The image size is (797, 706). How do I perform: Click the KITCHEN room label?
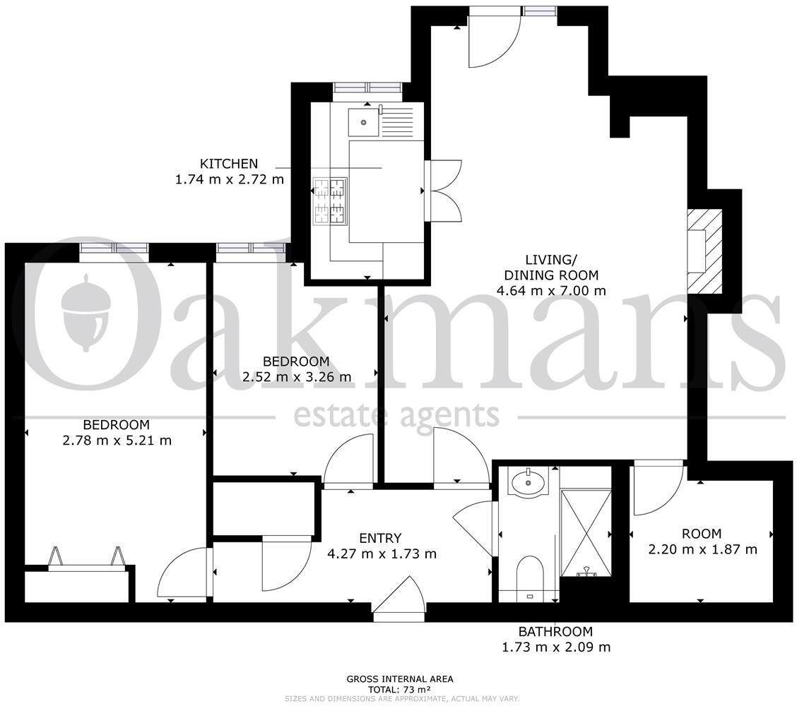click(229, 164)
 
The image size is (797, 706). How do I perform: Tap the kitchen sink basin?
click(363, 122)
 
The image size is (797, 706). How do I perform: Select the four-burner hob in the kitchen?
click(330, 201)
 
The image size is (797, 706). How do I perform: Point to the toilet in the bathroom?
click(530, 578)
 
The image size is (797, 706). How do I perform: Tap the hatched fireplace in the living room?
click(704, 251)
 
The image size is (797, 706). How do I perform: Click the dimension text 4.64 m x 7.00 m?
click(551, 291)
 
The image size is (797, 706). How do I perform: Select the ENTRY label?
click(380, 538)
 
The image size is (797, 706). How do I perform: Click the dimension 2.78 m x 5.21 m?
click(117, 441)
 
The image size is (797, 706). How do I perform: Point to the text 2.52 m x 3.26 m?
click(297, 378)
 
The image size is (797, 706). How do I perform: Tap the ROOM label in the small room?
click(702, 534)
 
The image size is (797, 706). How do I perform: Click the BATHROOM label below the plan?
click(555, 632)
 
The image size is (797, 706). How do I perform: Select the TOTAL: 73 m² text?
click(399, 690)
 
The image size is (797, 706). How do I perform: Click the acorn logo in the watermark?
click(85, 313)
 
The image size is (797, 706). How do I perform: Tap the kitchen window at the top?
click(368, 88)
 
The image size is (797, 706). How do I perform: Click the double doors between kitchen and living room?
click(443, 191)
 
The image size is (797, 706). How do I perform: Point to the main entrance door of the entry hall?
click(399, 599)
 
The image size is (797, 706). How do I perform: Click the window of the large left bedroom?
click(114, 249)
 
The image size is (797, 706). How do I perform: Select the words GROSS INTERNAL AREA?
click(399, 679)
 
